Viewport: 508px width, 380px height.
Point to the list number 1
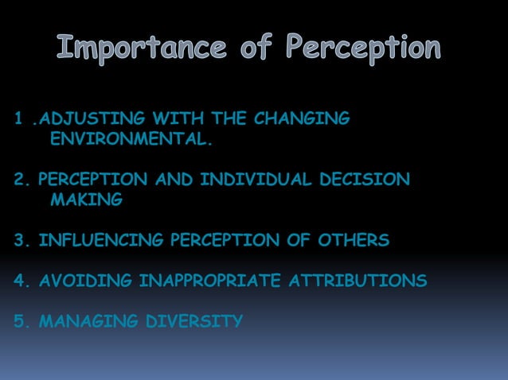click(18, 119)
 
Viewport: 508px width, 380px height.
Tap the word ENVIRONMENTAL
click(131, 141)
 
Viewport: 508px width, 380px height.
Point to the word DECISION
click(364, 180)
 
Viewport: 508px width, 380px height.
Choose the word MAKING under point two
click(86, 201)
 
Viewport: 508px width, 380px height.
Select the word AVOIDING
click(85, 281)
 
